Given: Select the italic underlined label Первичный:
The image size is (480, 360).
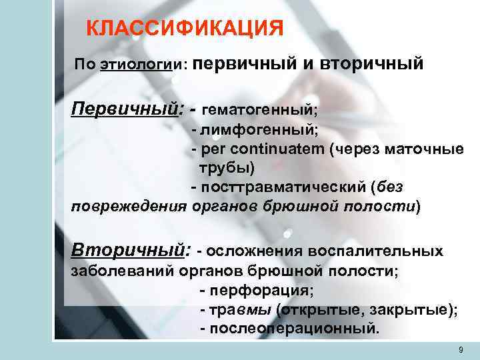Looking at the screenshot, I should tap(127, 107).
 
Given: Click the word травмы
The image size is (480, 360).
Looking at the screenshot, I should tap(239, 310).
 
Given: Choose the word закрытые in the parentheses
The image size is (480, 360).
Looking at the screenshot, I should tap(408, 310).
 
